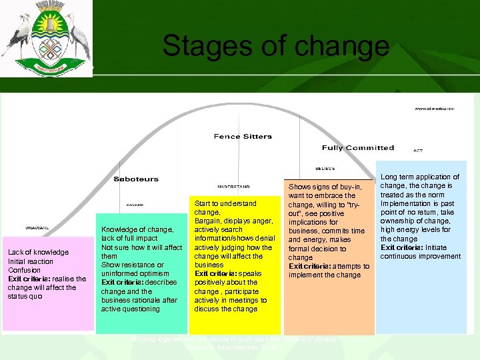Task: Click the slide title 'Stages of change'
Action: [275, 46]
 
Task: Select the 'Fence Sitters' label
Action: [243, 137]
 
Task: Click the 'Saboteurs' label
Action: [136, 179]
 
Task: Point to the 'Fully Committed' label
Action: [358, 148]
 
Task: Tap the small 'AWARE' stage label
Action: [135, 205]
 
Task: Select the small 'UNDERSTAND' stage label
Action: [234, 187]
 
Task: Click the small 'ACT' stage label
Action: [418, 151]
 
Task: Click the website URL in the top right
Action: [435, 108]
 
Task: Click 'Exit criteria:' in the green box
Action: [121, 283]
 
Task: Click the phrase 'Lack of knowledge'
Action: [38, 252]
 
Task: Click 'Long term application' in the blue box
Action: [420, 177]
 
